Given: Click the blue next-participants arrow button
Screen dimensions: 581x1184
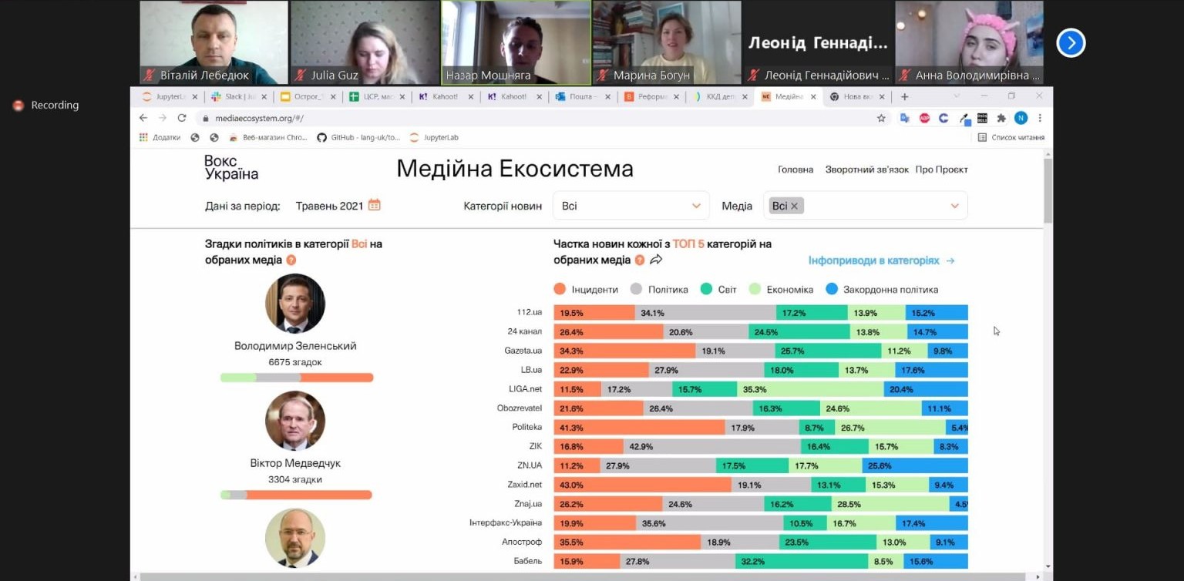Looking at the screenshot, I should tap(1071, 43).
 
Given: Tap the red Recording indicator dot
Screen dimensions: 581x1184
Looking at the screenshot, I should tap(18, 106).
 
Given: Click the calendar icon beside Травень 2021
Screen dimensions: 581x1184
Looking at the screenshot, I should tap(374, 205).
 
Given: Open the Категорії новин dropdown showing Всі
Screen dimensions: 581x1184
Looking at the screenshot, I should tap(631, 206).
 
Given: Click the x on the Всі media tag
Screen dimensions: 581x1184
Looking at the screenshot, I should tap(794, 206).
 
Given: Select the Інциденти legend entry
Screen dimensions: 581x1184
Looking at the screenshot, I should tap(585, 290).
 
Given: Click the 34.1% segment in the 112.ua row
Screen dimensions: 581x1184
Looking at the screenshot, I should tap(705, 313).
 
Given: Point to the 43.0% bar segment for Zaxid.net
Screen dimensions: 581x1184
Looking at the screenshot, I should tap(642, 485).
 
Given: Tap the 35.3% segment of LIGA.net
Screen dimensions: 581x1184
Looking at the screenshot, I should tap(809, 389).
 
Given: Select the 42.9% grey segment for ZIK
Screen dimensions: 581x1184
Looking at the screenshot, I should tap(711, 446).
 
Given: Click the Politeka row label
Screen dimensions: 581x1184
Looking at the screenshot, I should tap(526, 427).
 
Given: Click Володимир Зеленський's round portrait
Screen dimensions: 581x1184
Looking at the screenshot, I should tap(295, 304).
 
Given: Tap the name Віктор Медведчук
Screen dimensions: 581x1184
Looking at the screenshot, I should tap(295, 464).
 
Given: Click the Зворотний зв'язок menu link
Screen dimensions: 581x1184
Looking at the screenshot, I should tap(866, 170).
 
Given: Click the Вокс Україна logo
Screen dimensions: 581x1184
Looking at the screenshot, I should tap(231, 167).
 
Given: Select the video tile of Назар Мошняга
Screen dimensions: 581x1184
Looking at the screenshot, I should tap(516, 42).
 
